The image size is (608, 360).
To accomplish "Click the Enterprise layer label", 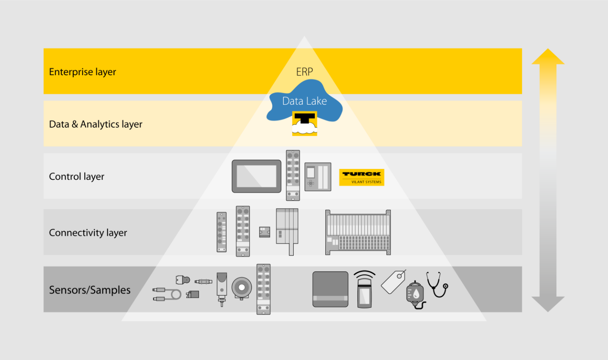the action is (83, 72).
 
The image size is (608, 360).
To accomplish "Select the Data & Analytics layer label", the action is (96, 124).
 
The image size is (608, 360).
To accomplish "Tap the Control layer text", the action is (76, 176).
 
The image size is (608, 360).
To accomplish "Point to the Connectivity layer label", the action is (88, 233).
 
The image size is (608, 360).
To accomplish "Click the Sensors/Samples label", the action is (90, 290).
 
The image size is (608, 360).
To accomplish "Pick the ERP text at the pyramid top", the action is (304, 72).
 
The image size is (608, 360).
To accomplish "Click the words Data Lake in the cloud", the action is (304, 101).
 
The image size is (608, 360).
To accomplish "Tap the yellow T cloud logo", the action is (304, 123).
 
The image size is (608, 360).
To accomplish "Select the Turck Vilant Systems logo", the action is (361, 177).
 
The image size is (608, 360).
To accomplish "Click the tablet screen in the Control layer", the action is (257, 176).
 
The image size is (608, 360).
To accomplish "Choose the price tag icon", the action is (393, 282).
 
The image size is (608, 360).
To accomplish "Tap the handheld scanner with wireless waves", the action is (364, 289).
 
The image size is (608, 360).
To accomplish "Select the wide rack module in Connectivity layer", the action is (358, 232).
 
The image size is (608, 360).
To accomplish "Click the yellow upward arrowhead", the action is (548, 56).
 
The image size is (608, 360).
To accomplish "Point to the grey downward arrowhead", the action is (548, 304).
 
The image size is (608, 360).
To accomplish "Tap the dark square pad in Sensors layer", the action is (330, 289).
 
